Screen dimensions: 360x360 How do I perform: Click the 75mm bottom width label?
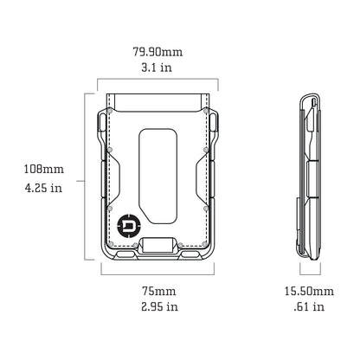(x=157, y=290)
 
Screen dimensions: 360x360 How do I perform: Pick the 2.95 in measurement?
(x=157, y=305)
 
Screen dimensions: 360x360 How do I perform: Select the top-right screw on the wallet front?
(x=205, y=111)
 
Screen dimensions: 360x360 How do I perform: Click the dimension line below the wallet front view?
(x=157, y=272)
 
